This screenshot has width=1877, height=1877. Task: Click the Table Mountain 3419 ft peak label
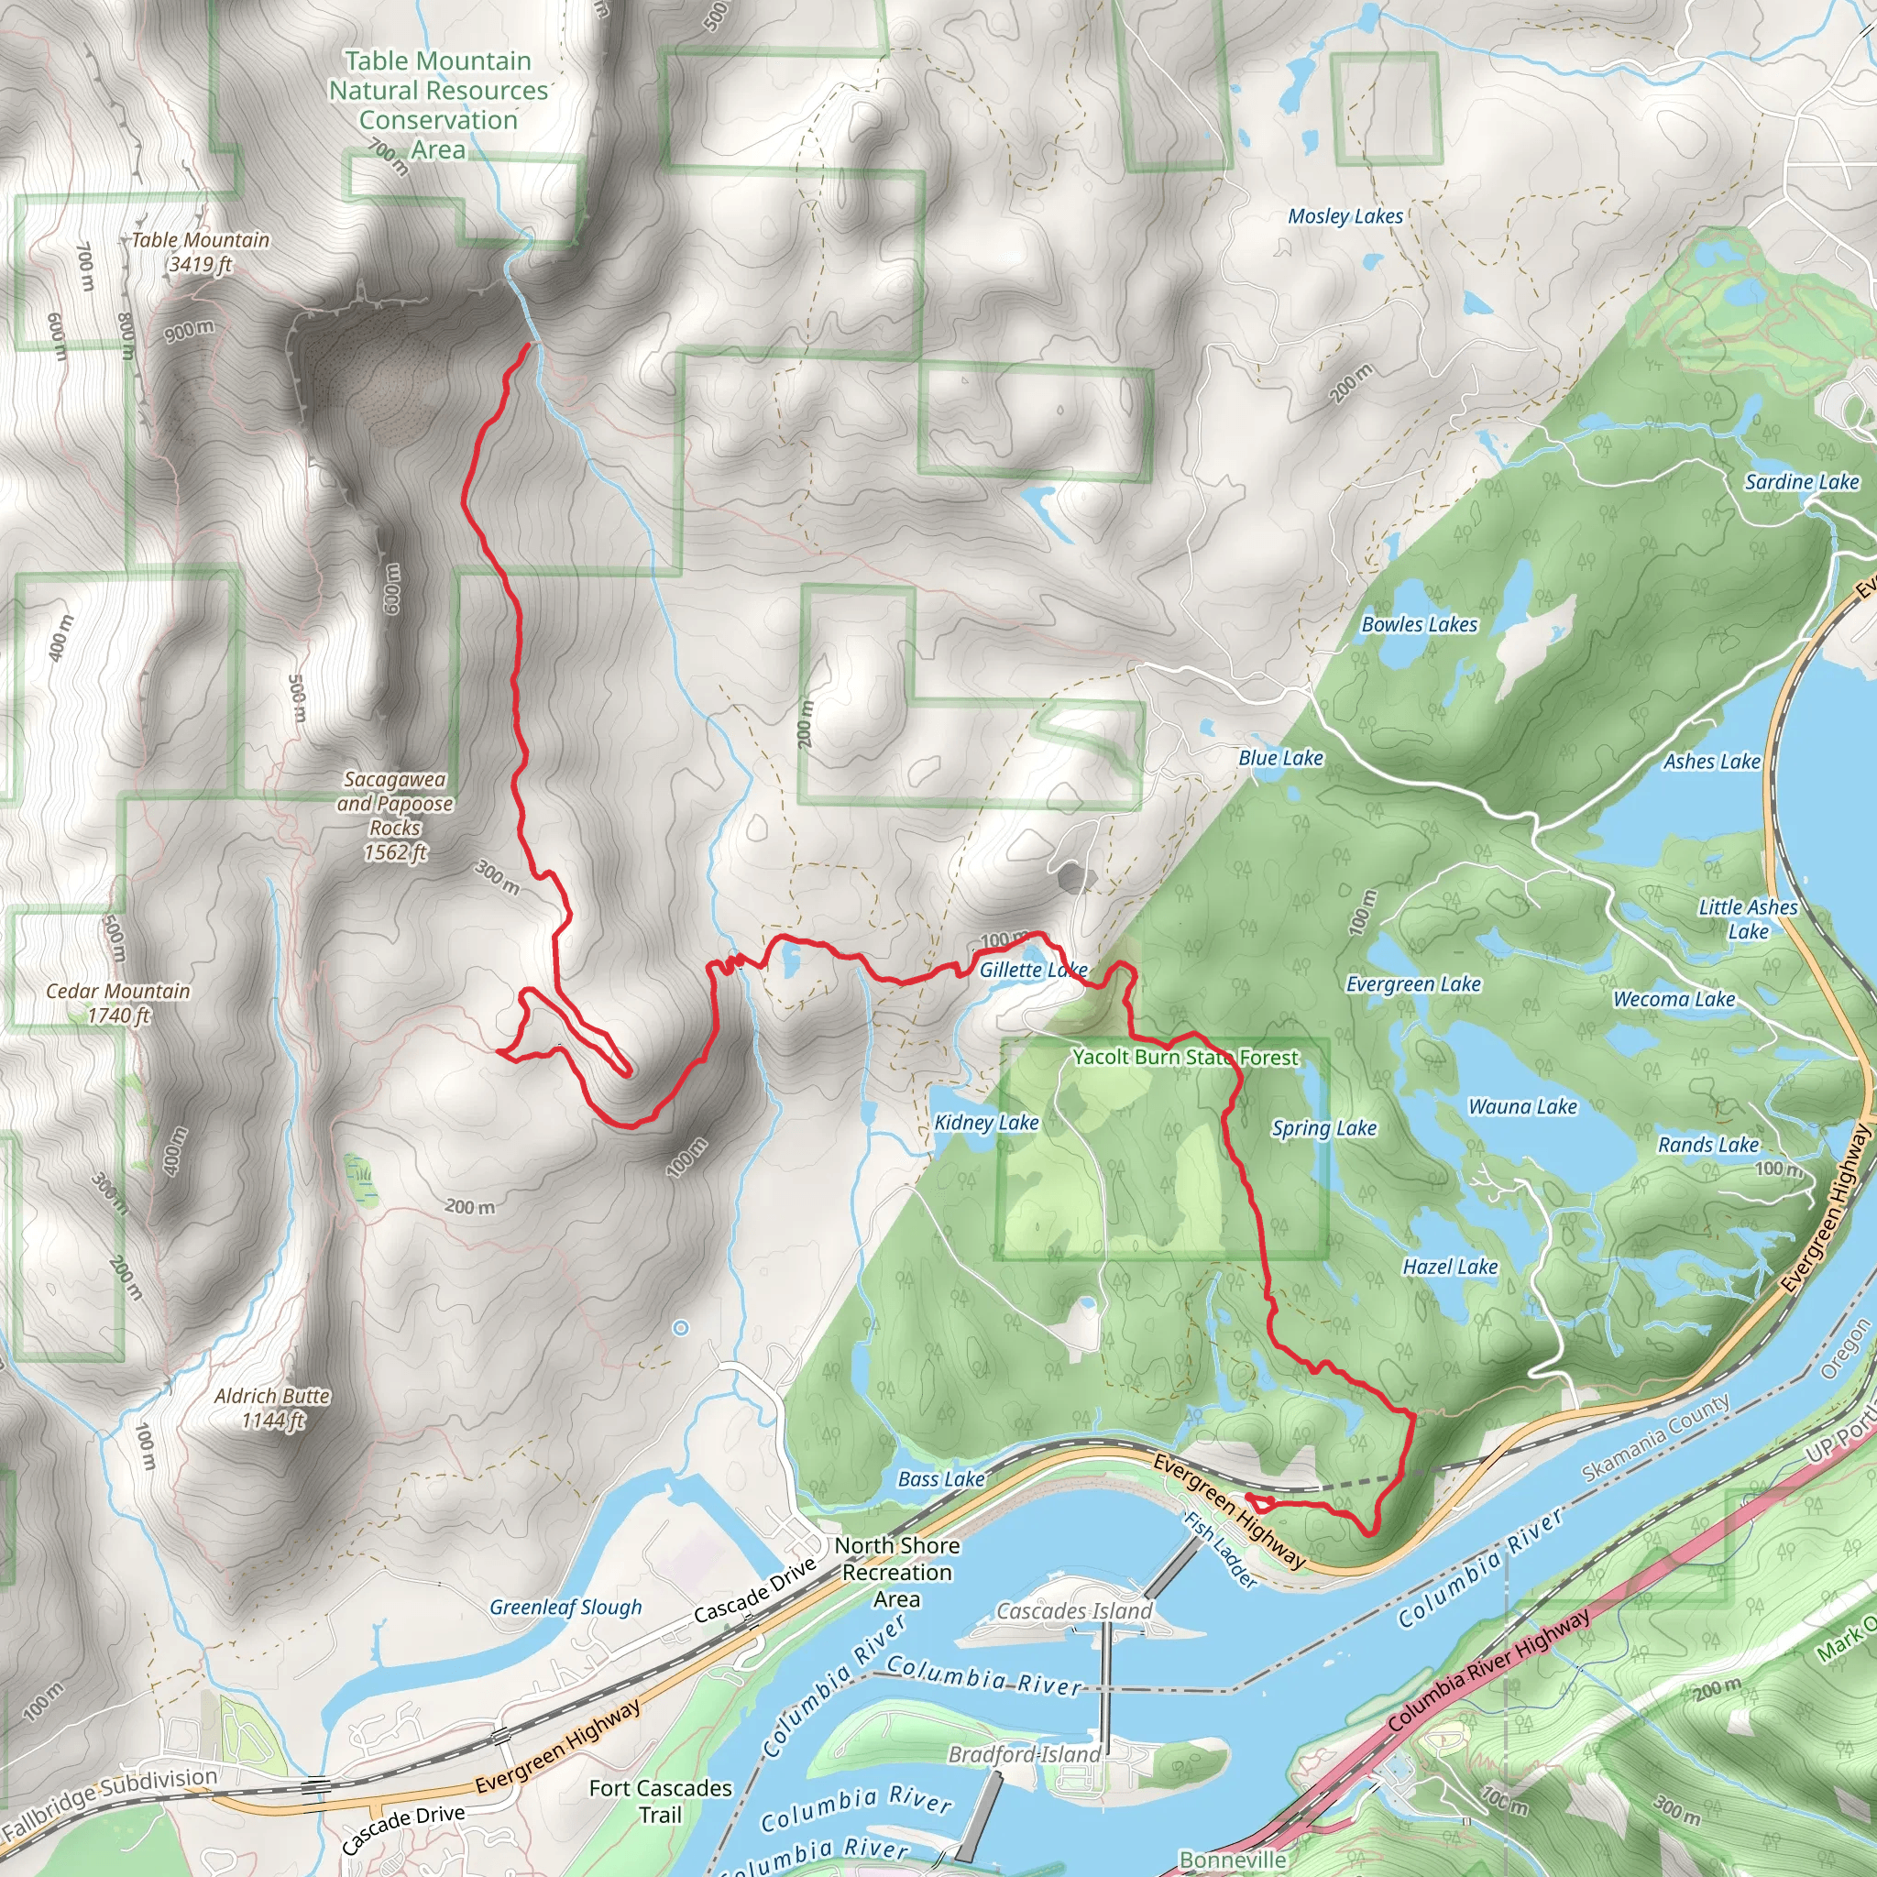[x=199, y=252]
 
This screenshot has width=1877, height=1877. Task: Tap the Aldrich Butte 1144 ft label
[x=272, y=1408]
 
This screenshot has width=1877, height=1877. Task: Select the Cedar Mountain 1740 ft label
[x=117, y=1003]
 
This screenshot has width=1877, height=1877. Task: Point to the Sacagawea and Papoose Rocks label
[x=394, y=815]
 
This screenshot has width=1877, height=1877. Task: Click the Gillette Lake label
[x=1032, y=970]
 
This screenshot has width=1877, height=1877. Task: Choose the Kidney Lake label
[x=986, y=1123]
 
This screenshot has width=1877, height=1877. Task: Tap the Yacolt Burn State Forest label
[x=1184, y=1057]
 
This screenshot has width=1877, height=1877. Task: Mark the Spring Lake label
[x=1323, y=1128]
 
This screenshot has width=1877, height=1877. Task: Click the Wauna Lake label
[x=1521, y=1106]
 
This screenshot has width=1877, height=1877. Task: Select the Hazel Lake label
[x=1450, y=1267]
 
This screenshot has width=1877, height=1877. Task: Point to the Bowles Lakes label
[x=1419, y=625]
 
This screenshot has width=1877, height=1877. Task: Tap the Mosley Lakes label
[x=1345, y=216]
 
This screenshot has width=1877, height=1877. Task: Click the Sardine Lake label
[x=1801, y=482]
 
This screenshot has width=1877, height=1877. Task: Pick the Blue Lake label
[x=1280, y=758]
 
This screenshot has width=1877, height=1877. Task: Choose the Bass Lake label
[x=940, y=1478]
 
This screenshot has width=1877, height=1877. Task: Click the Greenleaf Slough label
[x=565, y=1607]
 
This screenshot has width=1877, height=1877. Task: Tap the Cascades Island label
[x=1073, y=1611]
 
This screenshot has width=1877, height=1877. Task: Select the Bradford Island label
[x=1024, y=1753]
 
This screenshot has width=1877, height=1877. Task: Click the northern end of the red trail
[x=528, y=345]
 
